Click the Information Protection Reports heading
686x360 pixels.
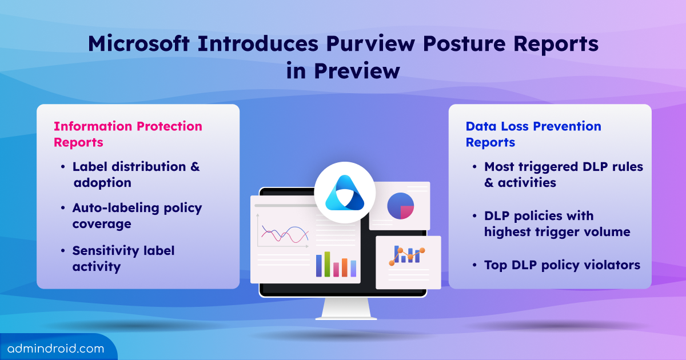pyautogui.click(x=128, y=134)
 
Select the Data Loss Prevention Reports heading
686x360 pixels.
pyautogui.click(x=533, y=134)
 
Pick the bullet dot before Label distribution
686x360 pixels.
pyautogui.click(x=62, y=167)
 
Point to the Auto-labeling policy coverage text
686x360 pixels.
pyautogui.click(x=137, y=215)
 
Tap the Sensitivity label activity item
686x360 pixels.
pyautogui.click(x=123, y=258)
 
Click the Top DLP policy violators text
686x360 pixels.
pyautogui.click(x=562, y=265)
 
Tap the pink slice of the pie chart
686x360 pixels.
pyautogui.click(x=407, y=212)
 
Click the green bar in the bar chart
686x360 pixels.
pyautogui.click(x=327, y=264)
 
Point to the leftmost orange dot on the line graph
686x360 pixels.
pyautogui.click(x=392, y=262)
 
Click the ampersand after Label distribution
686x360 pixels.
pyautogui.click(x=194, y=167)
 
